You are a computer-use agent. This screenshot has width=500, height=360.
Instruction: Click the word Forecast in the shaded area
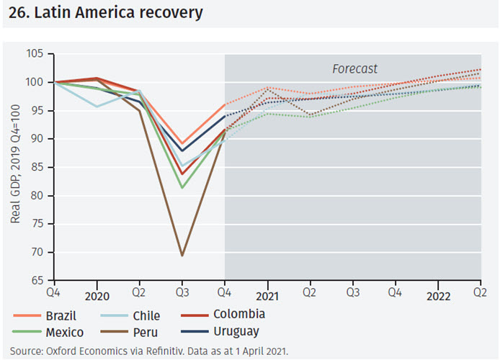click(x=354, y=68)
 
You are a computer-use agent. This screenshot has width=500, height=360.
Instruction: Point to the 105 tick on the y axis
click(x=35, y=54)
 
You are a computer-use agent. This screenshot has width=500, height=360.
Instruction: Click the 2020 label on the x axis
click(x=97, y=296)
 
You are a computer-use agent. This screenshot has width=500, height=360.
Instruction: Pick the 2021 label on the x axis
click(x=268, y=296)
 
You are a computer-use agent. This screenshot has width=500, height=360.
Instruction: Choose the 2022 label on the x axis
click(x=439, y=296)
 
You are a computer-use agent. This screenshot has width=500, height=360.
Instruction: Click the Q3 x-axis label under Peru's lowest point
click(x=182, y=294)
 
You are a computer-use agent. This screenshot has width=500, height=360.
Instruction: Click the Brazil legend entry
click(x=61, y=315)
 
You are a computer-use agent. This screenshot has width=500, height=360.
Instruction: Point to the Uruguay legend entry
click(x=236, y=331)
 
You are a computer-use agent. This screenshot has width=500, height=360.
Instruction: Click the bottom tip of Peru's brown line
click(x=182, y=256)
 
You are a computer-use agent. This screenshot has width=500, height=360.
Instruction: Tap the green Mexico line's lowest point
click(x=182, y=188)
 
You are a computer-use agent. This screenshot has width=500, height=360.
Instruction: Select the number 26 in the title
click(x=17, y=13)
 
